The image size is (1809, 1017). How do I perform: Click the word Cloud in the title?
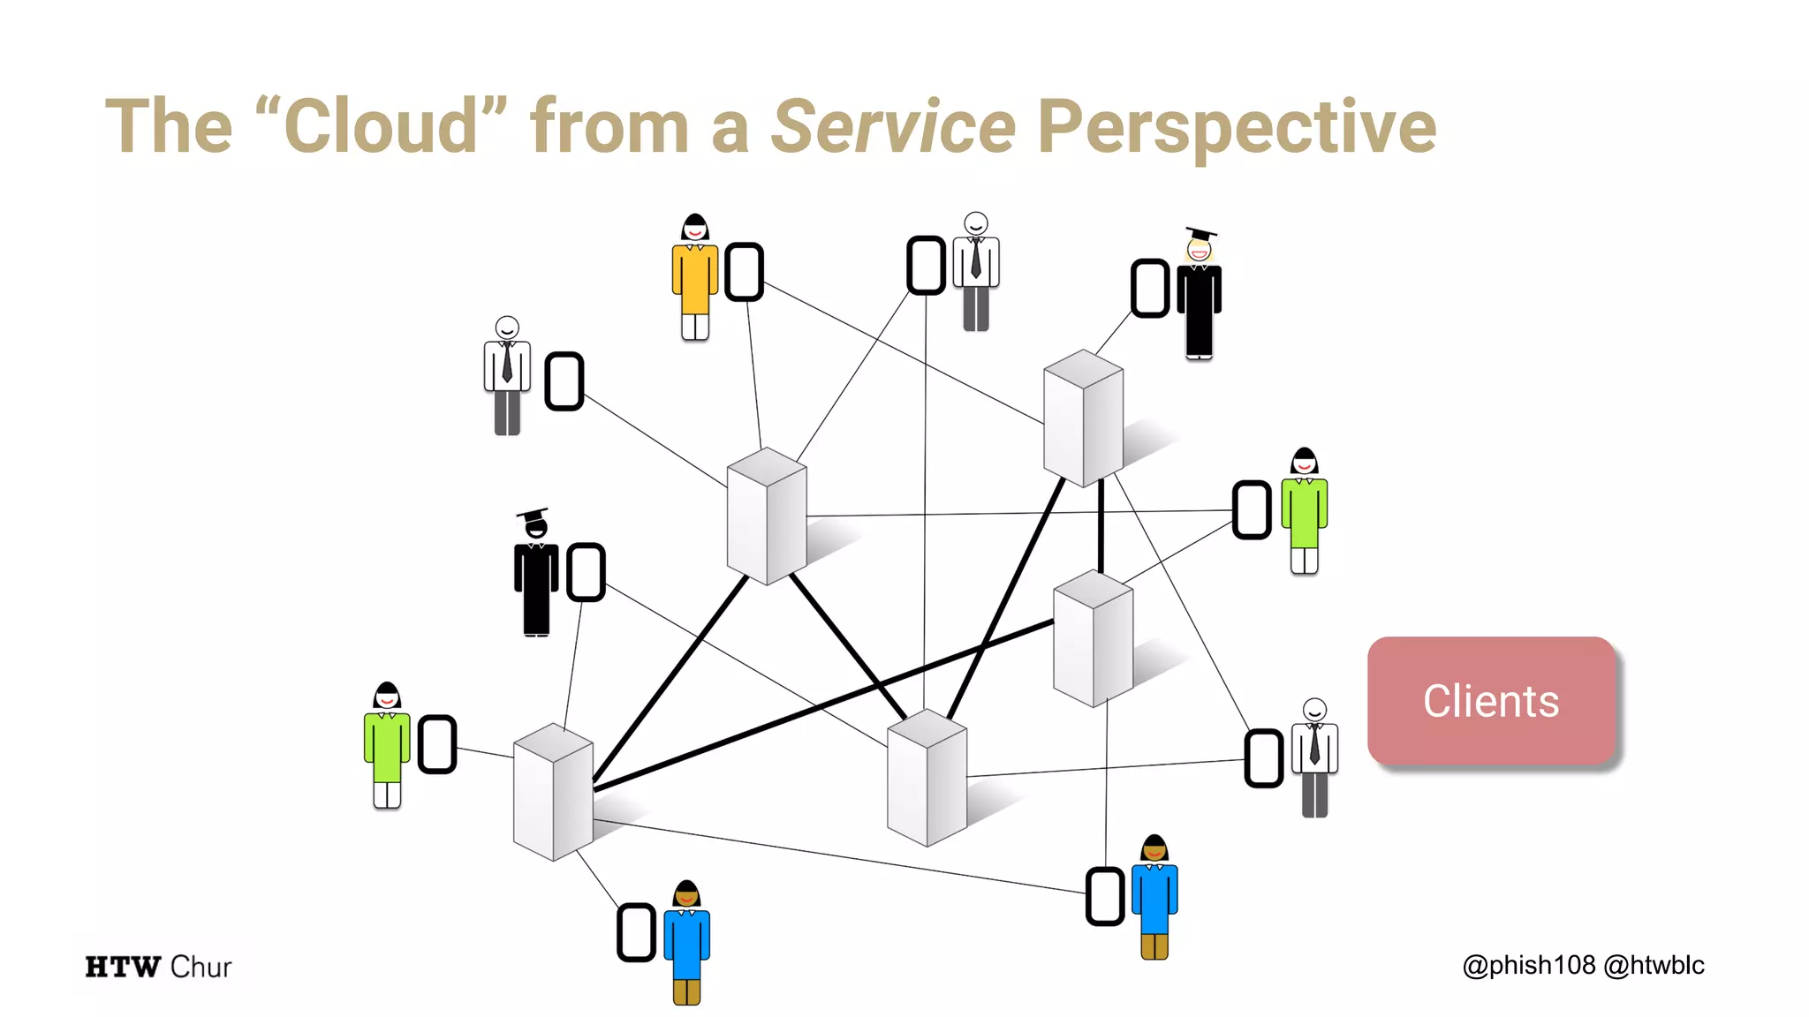[381, 126]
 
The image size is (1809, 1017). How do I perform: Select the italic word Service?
[893, 126]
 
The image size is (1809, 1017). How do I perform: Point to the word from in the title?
[609, 126]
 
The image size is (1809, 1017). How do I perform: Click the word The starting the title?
[169, 126]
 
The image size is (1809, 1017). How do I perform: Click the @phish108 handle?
[1528, 965]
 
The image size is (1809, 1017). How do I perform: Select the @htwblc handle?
[1654, 965]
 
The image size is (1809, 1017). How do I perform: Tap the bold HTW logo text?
[123, 967]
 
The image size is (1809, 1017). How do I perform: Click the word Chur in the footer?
[201, 967]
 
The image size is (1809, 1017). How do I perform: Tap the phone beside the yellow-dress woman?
[744, 272]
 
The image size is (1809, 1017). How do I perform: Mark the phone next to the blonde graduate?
[1150, 288]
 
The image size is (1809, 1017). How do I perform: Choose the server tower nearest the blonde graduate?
[1083, 418]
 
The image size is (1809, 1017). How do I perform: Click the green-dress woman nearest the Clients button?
[1305, 511]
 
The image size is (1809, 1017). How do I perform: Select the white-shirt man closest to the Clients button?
[1314, 757]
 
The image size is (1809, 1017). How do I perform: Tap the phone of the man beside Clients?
[1264, 757]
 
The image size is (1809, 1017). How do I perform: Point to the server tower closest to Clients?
[1093, 637]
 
